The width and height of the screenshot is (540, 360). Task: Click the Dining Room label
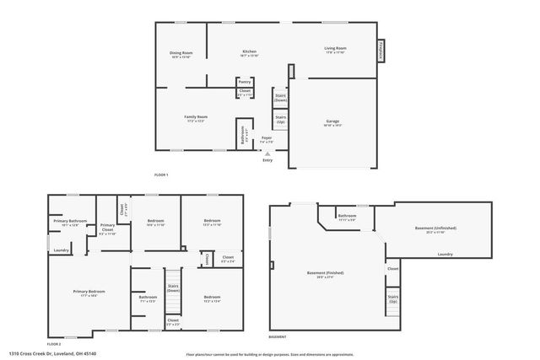pos(181,53)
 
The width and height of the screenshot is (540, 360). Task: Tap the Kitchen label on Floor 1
pos(248,53)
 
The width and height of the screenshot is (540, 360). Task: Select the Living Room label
pos(336,48)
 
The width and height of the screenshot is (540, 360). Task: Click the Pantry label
pos(245,82)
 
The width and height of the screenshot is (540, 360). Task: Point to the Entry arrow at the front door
pos(267,155)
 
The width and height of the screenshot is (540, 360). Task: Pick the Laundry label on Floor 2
pos(61,250)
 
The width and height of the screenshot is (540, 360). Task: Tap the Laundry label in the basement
pos(445,254)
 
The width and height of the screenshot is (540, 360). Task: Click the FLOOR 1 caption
pos(161,174)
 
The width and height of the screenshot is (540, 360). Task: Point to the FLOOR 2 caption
pos(54,344)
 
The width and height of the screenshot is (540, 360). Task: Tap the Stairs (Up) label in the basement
pos(392,298)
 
